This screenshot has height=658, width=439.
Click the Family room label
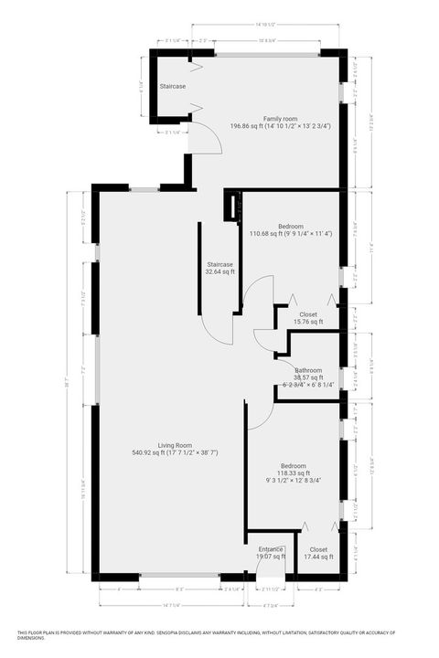point(281,119)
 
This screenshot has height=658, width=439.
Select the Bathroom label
point(308,369)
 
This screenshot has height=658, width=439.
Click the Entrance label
point(271,548)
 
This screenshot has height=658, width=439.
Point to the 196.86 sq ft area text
point(281,127)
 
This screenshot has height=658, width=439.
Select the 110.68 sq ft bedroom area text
point(293,233)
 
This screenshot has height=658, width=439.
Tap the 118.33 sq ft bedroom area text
point(294,473)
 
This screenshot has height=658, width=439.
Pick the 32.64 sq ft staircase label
point(219,271)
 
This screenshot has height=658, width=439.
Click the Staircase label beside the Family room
point(173,86)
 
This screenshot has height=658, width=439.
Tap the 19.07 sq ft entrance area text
point(271,557)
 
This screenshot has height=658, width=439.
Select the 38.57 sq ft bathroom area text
point(308,377)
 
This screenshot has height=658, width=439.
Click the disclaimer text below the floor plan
point(219,635)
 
